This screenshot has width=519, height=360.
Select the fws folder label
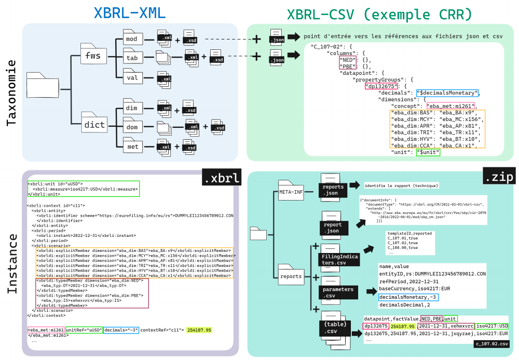pos(93,55)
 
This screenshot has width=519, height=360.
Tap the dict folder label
pos(94,125)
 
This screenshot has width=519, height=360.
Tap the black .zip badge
pos(499,178)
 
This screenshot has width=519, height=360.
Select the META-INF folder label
pos(291,192)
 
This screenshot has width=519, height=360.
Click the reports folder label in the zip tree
pos(291,276)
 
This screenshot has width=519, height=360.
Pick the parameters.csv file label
pos(338,292)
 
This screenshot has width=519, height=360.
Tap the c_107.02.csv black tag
pos(491,344)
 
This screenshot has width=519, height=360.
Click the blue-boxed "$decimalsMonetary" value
pos(446,93)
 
